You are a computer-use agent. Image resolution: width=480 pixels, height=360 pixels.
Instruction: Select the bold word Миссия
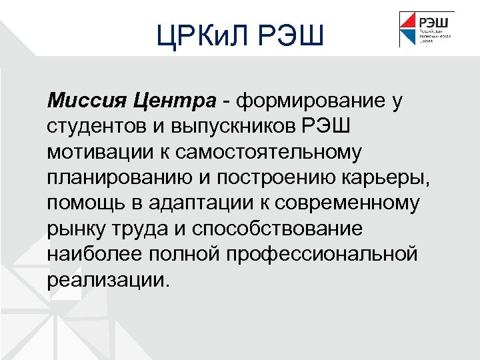pos(87,102)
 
